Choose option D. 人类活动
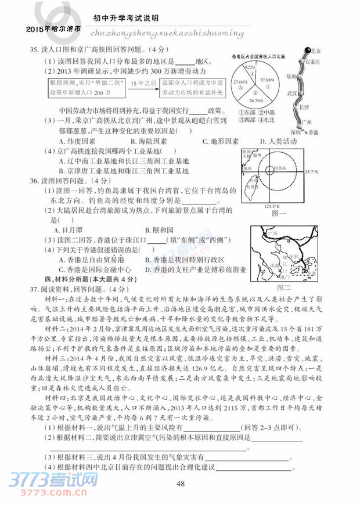[x=278, y=142]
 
